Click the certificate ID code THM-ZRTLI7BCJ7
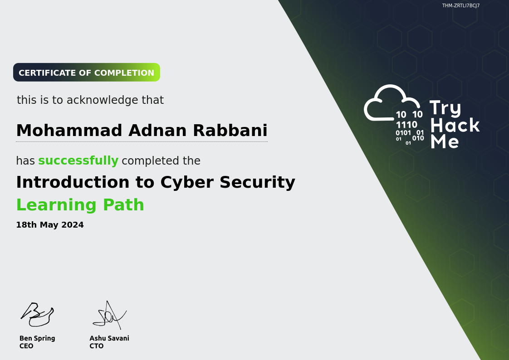pos(461,5)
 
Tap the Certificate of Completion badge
pos(87,73)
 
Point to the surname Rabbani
pos(230,131)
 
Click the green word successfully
pos(78,161)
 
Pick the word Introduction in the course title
pos(73,182)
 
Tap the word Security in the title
pos(257,183)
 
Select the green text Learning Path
pos(80,205)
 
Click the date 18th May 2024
pos(50,225)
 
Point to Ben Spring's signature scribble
pos(37,314)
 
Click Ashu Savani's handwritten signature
pos(110,315)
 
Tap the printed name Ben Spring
pos(37,338)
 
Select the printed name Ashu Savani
pos(109,338)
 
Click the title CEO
pos(26,346)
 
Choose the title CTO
pos(97,346)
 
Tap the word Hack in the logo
pos(455,125)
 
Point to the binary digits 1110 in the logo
pos(406,125)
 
